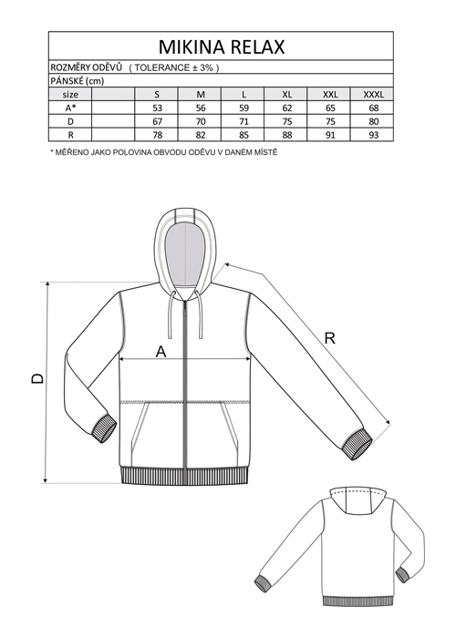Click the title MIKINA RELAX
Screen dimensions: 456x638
[x=222, y=46]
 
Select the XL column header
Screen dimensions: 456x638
[x=287, y=95]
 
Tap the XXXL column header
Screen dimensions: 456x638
[x=373, y=95]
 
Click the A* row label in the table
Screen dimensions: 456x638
[x=70, y=108]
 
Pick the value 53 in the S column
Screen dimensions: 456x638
[x=157, y=108]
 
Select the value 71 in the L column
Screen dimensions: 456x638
[x=244, y=121]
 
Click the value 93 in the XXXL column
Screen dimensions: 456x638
[x=373, y=135]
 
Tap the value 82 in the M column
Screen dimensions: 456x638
[x=201, y=135]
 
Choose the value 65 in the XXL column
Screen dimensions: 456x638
[x=330, y=108]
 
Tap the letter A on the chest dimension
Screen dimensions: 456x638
[x=161, y=351]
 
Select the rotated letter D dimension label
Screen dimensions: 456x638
[x=37, y=378]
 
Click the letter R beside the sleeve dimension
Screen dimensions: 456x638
[x=330, y=338]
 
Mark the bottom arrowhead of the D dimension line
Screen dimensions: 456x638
[x=46, y=479]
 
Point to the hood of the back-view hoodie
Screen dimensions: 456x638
[x=358, y=500]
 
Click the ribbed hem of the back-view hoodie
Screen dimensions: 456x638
[x=358, y=602]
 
